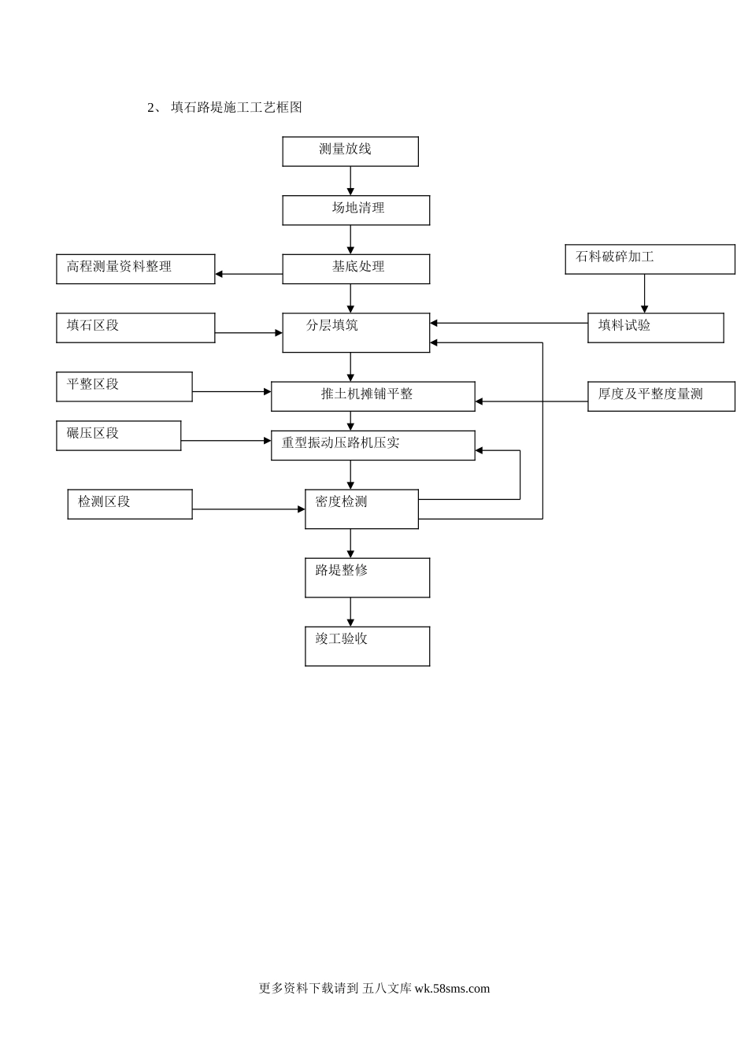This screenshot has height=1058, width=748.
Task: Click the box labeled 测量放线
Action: [350, 151]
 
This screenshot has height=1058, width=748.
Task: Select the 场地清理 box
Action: [356, 210]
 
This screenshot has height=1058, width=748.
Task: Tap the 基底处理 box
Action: [356, 268]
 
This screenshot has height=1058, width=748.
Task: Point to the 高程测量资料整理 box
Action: [135, 268]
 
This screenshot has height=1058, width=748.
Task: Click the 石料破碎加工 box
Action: [650, 259]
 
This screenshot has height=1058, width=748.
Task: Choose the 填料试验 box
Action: [655, 327]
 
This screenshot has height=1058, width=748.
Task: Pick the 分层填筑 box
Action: [356, 332]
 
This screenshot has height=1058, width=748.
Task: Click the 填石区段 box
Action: [135, 327]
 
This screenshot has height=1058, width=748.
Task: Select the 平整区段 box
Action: [124, 387]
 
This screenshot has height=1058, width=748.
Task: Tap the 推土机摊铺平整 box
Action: [372, 396]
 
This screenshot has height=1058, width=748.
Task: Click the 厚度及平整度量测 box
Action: [661, 396]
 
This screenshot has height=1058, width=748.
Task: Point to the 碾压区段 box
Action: [119, 435]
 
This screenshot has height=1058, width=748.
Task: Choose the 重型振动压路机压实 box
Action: [372, 445]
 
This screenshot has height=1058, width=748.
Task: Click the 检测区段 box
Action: [130, 504]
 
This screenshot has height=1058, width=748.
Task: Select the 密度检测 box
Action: [361, 509]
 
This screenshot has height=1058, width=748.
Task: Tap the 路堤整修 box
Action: [367, 577]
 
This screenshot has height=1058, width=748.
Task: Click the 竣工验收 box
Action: [367, 646]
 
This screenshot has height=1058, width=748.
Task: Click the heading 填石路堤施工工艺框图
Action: [236, 108]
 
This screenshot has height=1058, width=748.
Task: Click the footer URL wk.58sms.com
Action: [452, 989]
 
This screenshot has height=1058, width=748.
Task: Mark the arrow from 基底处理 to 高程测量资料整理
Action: [249, 274]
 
